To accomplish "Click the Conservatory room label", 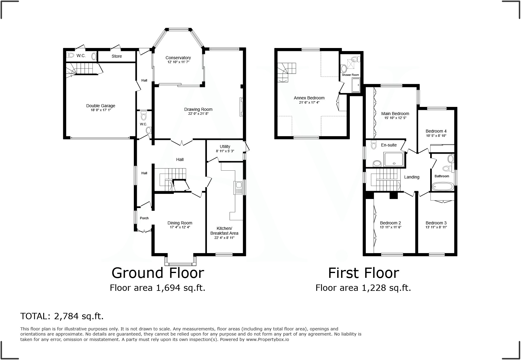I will [178, 58].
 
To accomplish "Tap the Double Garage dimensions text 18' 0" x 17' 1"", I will [101, 110].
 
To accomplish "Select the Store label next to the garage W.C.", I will [117, 56].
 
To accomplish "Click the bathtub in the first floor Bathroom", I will [443, 186].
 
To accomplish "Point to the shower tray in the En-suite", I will [394, 159].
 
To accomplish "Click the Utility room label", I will [225, 146].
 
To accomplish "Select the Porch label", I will [144, 218].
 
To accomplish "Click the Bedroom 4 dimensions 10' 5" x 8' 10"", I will [436, 136].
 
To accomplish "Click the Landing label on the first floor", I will [412, 177].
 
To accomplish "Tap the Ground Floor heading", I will [158, 273].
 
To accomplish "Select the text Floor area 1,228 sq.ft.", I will [363, 288].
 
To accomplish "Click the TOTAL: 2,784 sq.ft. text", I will [62, 316].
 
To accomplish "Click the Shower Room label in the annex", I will [350, 75].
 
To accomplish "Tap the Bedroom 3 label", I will [436, 223].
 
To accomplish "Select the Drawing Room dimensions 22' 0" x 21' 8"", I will [198, 114].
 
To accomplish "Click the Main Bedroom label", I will [395, 114].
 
